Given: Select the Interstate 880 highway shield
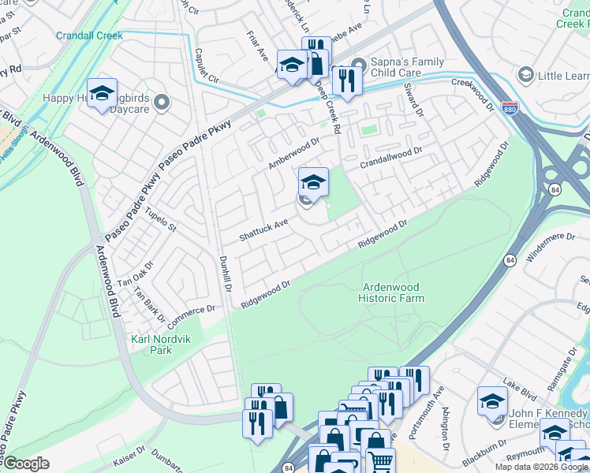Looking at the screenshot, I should [510, 108].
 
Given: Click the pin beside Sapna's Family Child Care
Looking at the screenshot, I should [359, 64].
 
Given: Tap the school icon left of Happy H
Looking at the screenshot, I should [103, 95].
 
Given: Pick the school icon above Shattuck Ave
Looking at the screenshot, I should [313, 183].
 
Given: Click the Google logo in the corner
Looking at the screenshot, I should [25, 464].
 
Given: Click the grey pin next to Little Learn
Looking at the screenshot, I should [525, 75].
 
